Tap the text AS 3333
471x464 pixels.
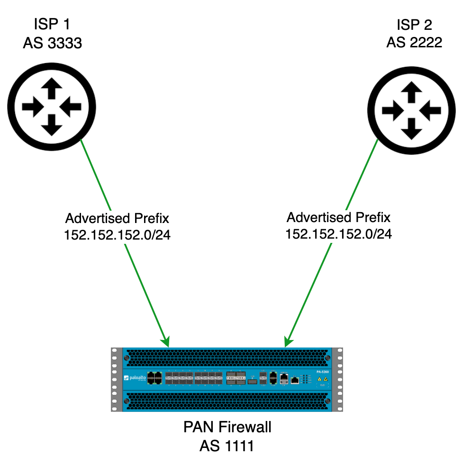pyautogui.click(x=53, y=44)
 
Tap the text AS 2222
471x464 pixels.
pyautogui.click(x=414, y=42)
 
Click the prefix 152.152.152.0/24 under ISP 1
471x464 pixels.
pyautogui.click(x=117, y=235)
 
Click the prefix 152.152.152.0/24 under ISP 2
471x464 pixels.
pyautogui.click(x=338, y=233)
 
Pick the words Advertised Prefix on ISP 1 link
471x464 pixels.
pyautogui.click(x=117, y=219)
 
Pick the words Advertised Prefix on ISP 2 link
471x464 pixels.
pyautogui.click(x=338, y=217)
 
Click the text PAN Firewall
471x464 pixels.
pyautogui.click(x=227, y=427)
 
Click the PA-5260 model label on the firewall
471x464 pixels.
pyautogui.click(x=322, y=372)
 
